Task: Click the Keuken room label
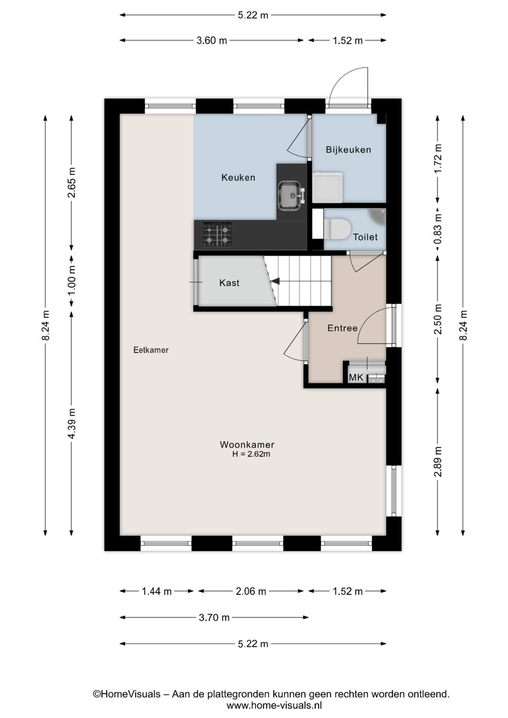tap(238, 178)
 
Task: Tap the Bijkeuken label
tap(348, 150)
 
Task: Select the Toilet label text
tap(365, 237)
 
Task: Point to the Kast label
tap(229, 283)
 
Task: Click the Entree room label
tap(342, 328)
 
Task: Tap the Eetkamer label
tap(151, 350)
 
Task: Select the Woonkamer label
tap(247, 445)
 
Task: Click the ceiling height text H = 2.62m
tap(251, 454)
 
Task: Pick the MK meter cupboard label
tap(356, 378)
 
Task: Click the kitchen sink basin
tap(290, 196)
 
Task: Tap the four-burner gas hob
tap(217, 234)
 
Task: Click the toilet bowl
tap(337, 228)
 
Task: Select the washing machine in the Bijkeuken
tap(328, 187)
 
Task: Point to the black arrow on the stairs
tap(276, 281)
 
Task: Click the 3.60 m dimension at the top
tap(212, 40)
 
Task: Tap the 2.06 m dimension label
tap(251, 591)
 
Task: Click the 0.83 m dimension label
tap(438, 229)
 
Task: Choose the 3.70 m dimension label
tap(214, 617)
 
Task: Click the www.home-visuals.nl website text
tap(274, 705)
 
